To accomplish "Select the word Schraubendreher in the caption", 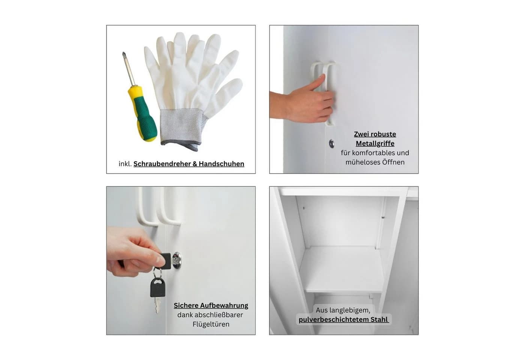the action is coord(162,164).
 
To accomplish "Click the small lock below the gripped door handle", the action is coord(331,143).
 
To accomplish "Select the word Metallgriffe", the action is coord(375,143).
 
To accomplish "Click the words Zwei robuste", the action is coord(375,134).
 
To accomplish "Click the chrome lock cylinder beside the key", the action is coord(177,261).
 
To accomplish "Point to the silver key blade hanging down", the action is coord(157,305).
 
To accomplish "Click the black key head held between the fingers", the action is coord(166,261).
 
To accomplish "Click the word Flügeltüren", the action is coord(211,324).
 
